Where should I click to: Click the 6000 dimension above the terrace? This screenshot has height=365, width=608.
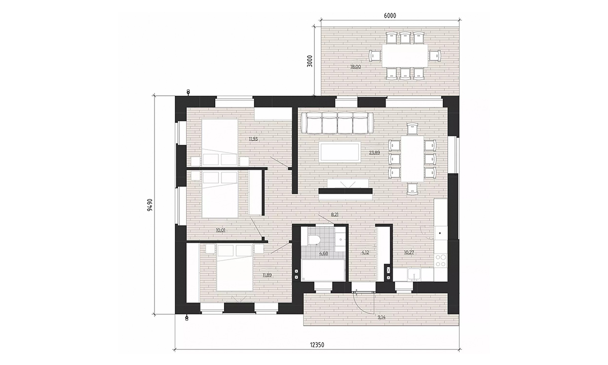click(x=390, y=16)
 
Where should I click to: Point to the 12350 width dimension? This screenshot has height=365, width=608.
click(x=317, y=345)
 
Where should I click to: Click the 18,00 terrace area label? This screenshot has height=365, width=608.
click(x=355, y=67)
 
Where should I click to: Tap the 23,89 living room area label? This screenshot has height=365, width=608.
click(x=374, y=153)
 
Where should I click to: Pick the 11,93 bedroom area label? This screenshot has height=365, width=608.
click(x=253, y=139)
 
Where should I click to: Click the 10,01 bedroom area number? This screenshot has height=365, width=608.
click(x=220, y=230)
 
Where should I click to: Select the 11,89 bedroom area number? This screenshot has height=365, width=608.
click(x=267, y=275)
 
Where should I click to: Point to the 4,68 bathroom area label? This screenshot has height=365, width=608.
click(x=324, y=253)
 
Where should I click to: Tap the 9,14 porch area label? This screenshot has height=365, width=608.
click(x=382, y=317)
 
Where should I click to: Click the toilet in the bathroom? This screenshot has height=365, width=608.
click(x=314, y=240)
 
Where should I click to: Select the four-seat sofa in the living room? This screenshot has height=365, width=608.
click(x=337, y=123)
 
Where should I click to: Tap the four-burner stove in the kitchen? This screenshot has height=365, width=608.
click(x=440, y=260)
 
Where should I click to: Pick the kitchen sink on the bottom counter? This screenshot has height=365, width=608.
click(x=414, y=275)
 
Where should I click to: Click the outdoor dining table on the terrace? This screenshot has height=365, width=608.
click(x=405, y=56)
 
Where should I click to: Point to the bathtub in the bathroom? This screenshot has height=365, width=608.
click(x=323, y=270)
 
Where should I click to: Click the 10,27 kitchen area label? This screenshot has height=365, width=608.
click(x=409, y=252)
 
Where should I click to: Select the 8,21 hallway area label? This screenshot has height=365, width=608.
click(x=335, y=214)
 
